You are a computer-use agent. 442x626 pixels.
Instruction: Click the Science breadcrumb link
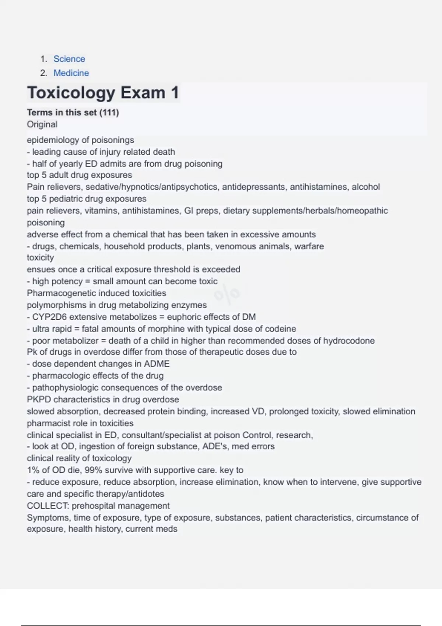(69, 59)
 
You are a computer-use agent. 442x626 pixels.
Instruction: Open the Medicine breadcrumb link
(71, 73)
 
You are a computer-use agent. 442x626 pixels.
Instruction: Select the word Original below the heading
(42, 124)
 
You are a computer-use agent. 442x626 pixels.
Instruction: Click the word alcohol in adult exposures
(366, 187)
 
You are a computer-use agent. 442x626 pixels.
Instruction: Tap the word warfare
(309, 246)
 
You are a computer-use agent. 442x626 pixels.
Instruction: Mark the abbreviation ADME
(157, 364)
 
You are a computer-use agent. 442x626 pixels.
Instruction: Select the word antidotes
(145, 494)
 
